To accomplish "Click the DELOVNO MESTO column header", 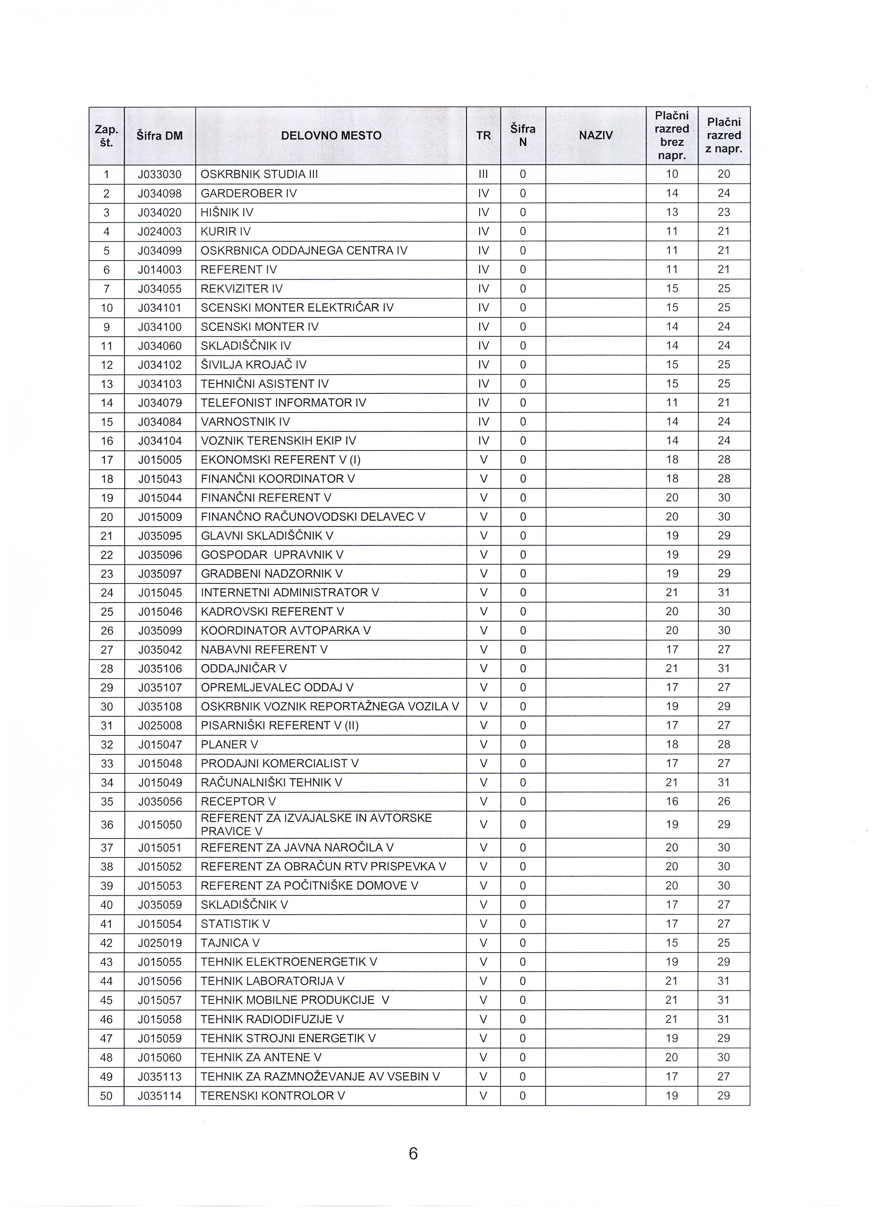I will click(x=331, y=135).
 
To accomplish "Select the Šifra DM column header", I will click(x=159, y=135).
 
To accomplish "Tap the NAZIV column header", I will click(x=595, y=135).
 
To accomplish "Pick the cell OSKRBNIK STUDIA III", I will click(x=259, y=174).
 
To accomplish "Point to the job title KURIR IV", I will click(x=225, y=231).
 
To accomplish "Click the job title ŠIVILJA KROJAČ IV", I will click(x=253, y=365).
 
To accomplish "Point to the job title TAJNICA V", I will click(x=230, y=943).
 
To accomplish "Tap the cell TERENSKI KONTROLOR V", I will click(x=272, y=1096).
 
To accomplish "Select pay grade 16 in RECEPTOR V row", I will click(x=671, y=801).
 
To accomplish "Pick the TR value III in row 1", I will click(x=483, y=174).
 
